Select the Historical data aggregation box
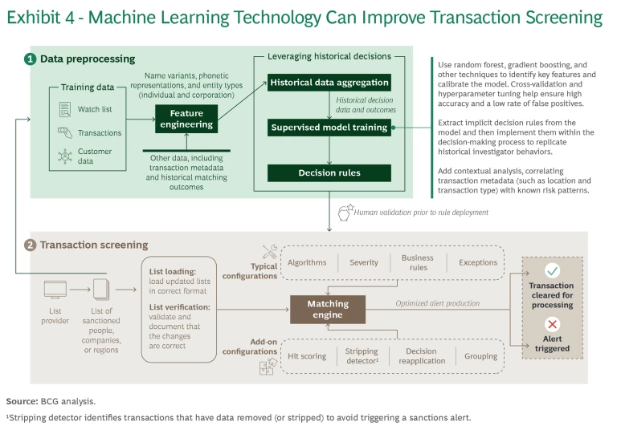coord(329,83)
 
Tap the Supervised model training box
coord(329,127)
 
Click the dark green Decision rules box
coord(329,172)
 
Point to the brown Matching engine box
coord(328,310)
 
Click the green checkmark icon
coord(552,271)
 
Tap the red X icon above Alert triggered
coord(552,324)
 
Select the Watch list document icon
coord(65,108)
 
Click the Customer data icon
coord(65,156)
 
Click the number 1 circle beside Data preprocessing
coord(30,59)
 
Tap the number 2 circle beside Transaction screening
coord(30,245)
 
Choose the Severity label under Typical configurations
coord(363,262)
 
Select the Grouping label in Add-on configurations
coord(477,356)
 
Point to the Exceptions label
coord(478,262)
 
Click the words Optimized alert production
coord(437,304)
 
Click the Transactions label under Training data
coord(100,133)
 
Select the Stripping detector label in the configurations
coord(361,356)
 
